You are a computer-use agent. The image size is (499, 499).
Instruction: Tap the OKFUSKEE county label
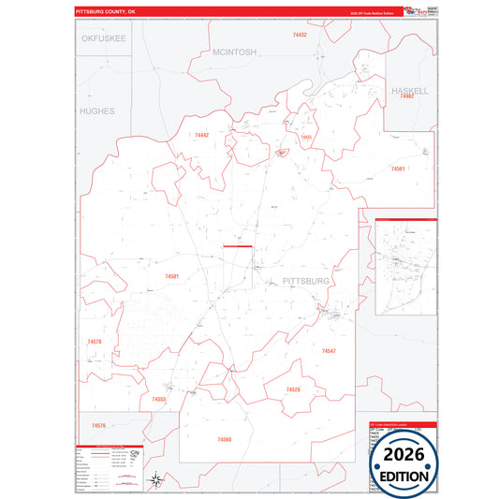tap(104, 38)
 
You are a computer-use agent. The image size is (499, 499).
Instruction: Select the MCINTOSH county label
tap(234, 52)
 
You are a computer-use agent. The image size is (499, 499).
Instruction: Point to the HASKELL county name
tap(410, 91)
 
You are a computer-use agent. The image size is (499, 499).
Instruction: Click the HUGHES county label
tap(97, 110)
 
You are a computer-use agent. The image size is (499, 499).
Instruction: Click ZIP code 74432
tap(300, 34)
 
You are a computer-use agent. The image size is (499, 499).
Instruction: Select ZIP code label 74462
tap(406, 96)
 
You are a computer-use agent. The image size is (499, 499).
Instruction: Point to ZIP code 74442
tap(201, 136)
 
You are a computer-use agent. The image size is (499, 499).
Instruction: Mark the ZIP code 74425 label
tap(306, 138)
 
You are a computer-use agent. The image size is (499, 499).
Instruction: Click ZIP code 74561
tap(398, 169)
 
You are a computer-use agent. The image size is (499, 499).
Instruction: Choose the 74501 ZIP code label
tap(171, 276)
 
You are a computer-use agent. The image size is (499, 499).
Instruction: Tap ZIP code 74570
tap(95, 342)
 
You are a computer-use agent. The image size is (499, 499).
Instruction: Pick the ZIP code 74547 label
tap(329, 350)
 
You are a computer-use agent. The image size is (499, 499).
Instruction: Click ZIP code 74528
tap(293, 389)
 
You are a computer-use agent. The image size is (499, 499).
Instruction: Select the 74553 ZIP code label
tap(159, 399)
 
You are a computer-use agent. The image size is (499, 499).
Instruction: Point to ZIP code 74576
tap(98, 426)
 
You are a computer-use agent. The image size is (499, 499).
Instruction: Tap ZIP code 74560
tap(225, 439)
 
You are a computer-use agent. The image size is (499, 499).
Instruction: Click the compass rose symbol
tap(160, 481)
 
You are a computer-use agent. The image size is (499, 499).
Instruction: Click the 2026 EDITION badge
tap(404, 463)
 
